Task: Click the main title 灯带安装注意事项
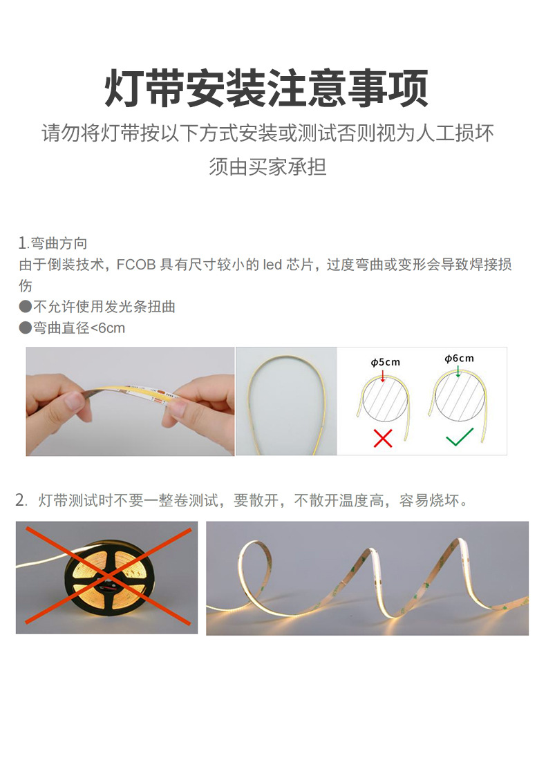point(267,88)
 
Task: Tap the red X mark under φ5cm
point(382,437)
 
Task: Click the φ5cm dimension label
point(385,362)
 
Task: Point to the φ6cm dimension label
point(459,358)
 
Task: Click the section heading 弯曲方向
point(59,243)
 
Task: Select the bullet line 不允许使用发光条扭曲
point(104,307)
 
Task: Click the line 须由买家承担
point(267,167)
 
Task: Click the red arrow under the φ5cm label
point(383,374)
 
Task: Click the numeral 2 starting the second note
point(20,500)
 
